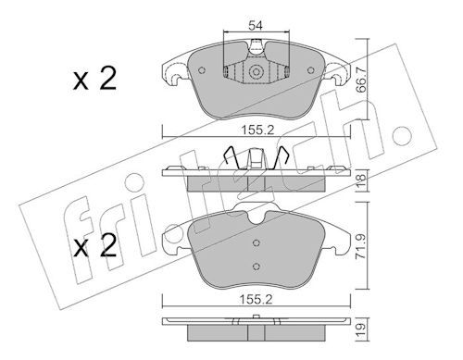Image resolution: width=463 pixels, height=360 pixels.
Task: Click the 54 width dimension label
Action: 256,26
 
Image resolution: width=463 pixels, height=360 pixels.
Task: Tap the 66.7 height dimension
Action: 361,80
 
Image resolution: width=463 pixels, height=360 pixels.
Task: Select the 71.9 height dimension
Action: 361,246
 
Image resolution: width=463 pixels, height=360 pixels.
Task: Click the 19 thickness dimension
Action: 361,329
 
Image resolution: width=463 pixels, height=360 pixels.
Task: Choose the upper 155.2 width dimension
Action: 257,130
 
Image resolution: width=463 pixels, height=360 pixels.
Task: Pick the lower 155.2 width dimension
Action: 257,299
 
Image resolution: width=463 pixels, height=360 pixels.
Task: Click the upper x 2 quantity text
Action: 94,79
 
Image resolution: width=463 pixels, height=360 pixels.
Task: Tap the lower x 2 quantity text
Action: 94,246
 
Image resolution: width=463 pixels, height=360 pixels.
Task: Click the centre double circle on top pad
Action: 256,72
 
